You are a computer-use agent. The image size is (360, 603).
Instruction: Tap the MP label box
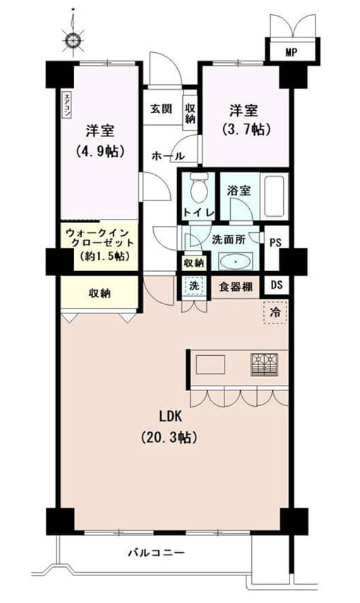coord(291,52)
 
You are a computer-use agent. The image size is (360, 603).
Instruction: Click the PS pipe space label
coord(275,241)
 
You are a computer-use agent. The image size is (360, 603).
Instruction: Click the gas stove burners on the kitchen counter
coord(263,364)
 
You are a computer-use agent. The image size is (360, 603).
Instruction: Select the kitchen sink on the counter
coord(210,365)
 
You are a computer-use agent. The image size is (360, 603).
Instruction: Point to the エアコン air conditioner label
coord(66,105)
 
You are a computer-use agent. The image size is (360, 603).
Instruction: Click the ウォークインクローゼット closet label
coord(98,243)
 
